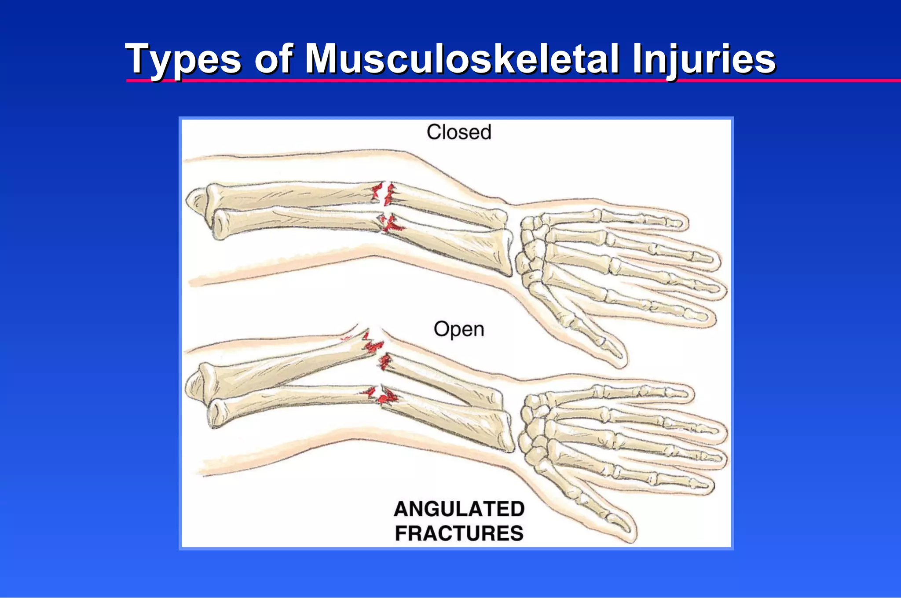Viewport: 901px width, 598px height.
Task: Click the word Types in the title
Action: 183,59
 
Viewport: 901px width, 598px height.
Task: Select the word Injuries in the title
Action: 704,59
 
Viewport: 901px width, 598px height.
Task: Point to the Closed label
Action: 459,132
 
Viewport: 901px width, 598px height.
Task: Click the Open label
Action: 459,329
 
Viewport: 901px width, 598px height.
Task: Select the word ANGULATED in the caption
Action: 459,509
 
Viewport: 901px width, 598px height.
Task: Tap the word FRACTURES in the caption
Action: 459,533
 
